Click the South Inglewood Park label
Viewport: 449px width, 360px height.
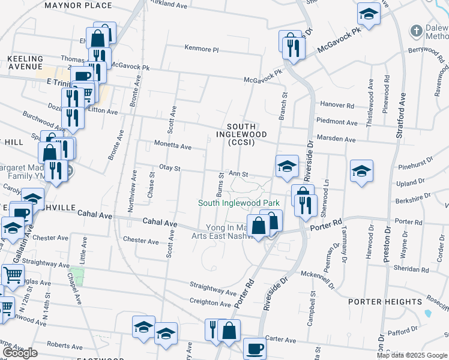coord(240,203)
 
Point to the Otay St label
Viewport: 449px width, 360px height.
coord(170,169)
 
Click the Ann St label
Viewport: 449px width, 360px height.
coord(243,174)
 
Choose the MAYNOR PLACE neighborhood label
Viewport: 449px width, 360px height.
coord(78,5)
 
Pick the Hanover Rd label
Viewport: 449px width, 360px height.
coord(337,104)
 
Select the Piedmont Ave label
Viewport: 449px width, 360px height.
coord(337,122)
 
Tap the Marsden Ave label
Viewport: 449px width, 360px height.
coord(337,139)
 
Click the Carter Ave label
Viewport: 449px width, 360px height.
coord(282,340)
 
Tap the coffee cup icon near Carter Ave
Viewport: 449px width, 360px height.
coord(255,347)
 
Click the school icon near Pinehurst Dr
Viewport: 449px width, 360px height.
coord(362,170)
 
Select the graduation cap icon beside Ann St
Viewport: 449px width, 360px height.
coord(288,166)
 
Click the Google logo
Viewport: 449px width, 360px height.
coord(20,353)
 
